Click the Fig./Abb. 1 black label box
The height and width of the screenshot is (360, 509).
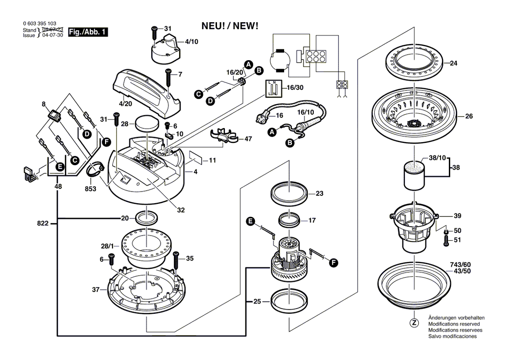[87, 32]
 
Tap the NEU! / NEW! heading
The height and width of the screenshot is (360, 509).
[230, 26]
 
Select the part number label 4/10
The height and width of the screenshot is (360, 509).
[192, 42]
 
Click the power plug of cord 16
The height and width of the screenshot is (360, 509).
[264, 115]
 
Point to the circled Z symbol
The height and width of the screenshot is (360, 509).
[414, 323]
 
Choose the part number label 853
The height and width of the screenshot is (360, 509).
[91, 189]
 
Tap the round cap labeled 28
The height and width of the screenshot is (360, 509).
[148, 124]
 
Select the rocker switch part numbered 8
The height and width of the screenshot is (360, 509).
[55, 116]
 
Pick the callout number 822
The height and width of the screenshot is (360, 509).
[43, 223]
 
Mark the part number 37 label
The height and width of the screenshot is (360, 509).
[95, 289]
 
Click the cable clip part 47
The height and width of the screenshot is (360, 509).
[223, 136]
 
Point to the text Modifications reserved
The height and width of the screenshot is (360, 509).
[454, 323]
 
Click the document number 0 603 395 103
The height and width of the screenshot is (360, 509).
[40, 24]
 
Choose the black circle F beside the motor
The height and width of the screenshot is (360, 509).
[333, 263]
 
